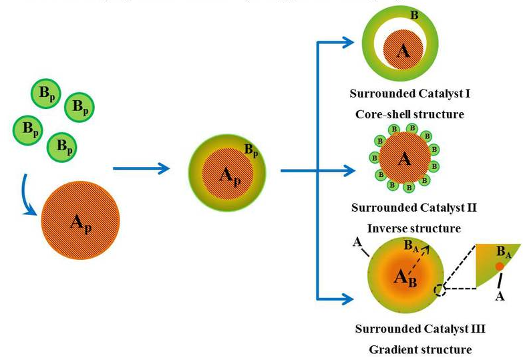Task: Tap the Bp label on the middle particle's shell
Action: click(251, 150)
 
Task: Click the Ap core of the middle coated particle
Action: click(227, 175)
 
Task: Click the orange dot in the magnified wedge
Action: click(499, 266)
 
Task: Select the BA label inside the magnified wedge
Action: click(504, 252)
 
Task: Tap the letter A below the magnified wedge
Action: click(500, 296)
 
